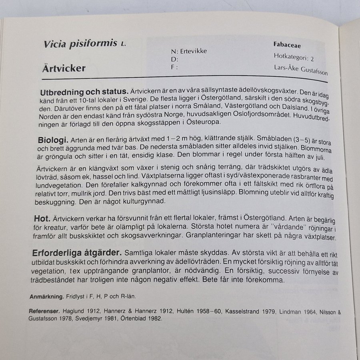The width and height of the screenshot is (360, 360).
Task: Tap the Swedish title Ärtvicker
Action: tap(64, 68)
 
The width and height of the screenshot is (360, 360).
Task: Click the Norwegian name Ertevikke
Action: tap(194, 52)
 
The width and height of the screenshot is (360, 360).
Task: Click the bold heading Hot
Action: tap(42, 219)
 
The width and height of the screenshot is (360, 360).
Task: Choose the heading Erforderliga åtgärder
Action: tap(76, 253)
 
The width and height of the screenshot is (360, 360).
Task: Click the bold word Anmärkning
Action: tap(47, 297)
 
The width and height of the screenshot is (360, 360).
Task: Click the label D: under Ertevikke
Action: tap(175, 59)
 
